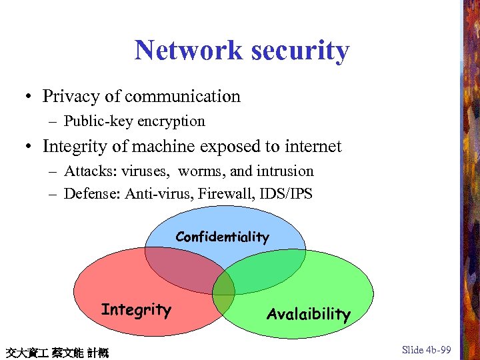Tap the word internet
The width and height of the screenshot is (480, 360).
pyautogui.click(x=307, y=146)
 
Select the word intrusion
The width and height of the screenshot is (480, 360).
pyautogui.click(x=283, y=171)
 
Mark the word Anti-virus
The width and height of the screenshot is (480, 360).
pyautogui.click(x=154, y=194)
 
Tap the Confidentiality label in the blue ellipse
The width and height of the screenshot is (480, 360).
pyautogui.click(x=223, y=237)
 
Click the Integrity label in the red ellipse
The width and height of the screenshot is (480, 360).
pyautogui.click(x=136, y=309)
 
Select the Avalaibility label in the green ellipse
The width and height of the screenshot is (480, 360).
pyautogui.click(x=308, y=314)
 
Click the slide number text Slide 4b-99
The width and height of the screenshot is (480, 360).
pyautogui.click(x=427, y=350)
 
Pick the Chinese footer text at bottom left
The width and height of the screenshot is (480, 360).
pyautogui.click(x=56, y=352)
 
